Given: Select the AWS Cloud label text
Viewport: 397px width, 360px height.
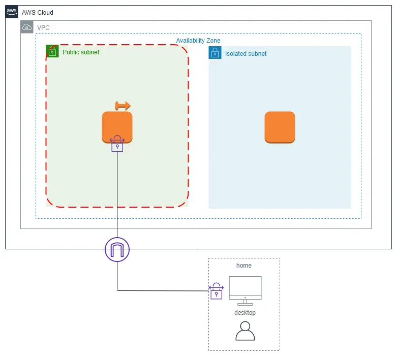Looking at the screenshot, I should (x=38, y=12).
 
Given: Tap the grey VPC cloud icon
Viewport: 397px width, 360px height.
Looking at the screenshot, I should (x=27, y=27).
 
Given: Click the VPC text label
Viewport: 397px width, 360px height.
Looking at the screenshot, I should (x=44, y=27).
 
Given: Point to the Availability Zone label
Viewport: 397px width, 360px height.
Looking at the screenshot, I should (x=198, y=41).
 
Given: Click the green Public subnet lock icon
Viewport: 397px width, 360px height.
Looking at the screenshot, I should (x=52, y=51).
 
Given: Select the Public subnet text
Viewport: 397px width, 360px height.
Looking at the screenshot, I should (x=81, y=52).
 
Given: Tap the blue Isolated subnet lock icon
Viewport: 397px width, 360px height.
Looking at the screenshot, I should (x=215, y=53).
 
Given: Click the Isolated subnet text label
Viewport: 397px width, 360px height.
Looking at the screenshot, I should (x=246, y=53).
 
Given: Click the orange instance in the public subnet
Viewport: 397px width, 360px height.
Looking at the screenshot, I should (x=117, y=126).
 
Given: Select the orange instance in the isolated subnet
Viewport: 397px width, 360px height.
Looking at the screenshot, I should (x=280, y=127).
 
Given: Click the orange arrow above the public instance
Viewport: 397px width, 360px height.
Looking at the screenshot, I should (x=123, y=106).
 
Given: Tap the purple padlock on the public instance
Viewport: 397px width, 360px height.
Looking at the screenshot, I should (x=117, y=144).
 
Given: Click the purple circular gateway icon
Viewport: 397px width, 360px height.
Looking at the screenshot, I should (x=117, y=249).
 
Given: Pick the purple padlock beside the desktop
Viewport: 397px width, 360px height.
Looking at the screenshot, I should (x=217, y=291).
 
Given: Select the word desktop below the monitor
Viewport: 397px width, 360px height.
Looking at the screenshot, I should (x=245, y=312).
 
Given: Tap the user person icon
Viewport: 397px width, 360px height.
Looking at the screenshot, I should (x=245, y=331).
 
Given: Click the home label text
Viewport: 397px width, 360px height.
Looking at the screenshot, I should (x=244, y=266).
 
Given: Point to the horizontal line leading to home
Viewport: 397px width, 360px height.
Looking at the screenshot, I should (x=163, y=290).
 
